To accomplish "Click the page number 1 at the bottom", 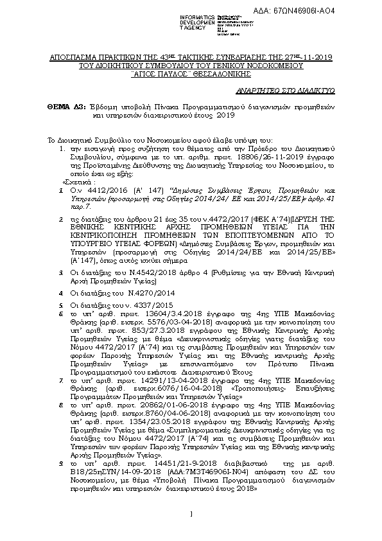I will coord(191,513).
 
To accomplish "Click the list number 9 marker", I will coord(59,463).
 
